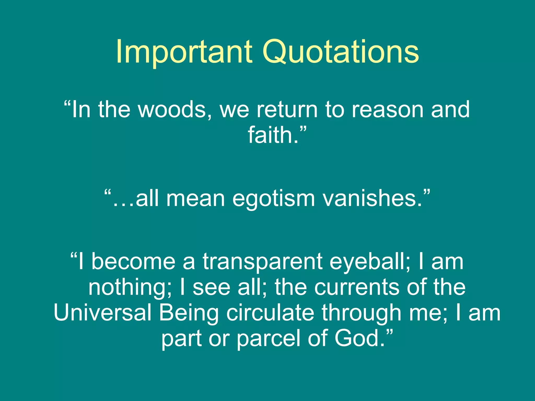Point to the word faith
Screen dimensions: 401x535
pos(273,135)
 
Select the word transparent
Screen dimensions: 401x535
pos(262,262)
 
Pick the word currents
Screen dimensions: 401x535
pos(357,287)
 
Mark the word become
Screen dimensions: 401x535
pos(133,262)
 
